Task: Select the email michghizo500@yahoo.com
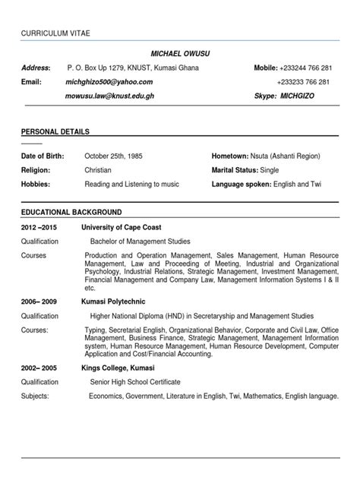click(x=109, y=82)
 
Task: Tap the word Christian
click(x=98, y=170)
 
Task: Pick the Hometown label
click(x=231, y=156)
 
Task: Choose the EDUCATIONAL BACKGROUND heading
click(x=71, y=212)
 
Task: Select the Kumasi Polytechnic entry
click(x=114, y=301)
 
